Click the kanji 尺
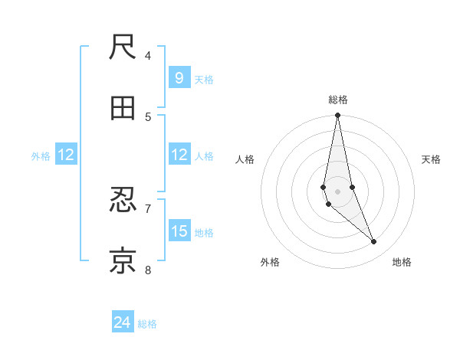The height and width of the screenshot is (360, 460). coord(123,47)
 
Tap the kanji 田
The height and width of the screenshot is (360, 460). coord(123,109)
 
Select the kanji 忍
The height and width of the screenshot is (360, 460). coord(123,201)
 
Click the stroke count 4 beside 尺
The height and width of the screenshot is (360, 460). coord(148,55)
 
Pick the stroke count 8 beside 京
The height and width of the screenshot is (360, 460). coord(148,270)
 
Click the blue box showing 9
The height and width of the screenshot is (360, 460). coord(179,78)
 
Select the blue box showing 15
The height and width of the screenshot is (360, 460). coord(179,231)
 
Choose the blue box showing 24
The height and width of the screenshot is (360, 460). coord(123,322)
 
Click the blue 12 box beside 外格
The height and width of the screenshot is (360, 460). coord(66,155)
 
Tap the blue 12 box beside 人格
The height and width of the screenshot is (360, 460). coord(179,155)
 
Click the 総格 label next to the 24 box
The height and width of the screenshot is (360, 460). coord(147,324)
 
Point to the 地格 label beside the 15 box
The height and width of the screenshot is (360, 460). coord(204,233)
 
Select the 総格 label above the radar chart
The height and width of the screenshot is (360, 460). coord(338,100)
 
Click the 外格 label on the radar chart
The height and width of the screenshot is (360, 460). coord(270,262)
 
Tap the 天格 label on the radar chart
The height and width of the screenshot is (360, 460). coord(432,159)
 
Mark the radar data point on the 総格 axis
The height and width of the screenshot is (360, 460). coord(338,116)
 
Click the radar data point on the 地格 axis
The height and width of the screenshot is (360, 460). coord(374,242)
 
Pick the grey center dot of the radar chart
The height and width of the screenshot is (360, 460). coord(338,191)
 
